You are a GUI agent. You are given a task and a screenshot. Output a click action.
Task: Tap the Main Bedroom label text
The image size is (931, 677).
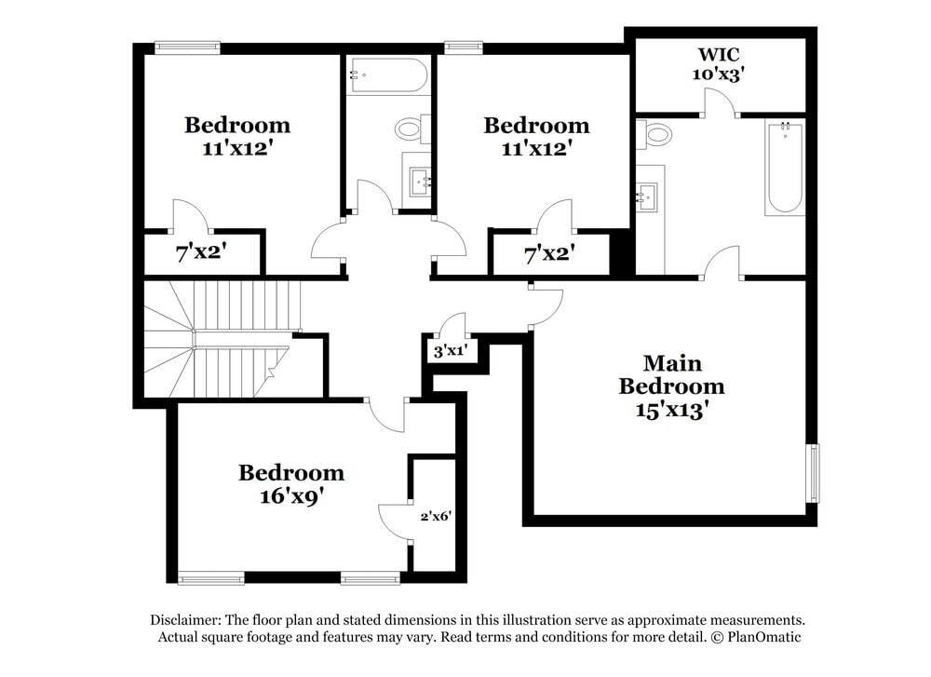point(671,374)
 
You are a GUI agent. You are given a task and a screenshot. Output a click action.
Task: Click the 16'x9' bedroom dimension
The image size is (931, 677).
point(290,495)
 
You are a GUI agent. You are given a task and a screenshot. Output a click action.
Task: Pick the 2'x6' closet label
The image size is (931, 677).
point(435,516)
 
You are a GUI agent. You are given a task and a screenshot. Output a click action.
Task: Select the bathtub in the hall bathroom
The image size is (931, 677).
point(387,75)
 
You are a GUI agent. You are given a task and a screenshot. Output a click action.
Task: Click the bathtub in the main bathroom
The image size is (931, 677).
point(785,168)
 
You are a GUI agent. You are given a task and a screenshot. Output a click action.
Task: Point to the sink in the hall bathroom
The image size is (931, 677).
point(420,179)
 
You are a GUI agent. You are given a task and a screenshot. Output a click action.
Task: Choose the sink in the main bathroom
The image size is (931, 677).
point(648,196)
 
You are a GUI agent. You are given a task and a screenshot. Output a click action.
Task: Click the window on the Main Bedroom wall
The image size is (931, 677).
point(813,473)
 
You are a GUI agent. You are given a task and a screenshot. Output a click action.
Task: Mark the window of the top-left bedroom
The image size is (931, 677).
point(187,47)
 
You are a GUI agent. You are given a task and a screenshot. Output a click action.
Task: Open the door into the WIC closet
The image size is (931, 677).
point(719,102)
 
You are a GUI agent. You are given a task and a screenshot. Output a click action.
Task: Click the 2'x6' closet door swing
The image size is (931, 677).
point(395,521)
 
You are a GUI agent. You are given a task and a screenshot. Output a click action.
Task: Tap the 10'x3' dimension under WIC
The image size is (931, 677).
point(717,74)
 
